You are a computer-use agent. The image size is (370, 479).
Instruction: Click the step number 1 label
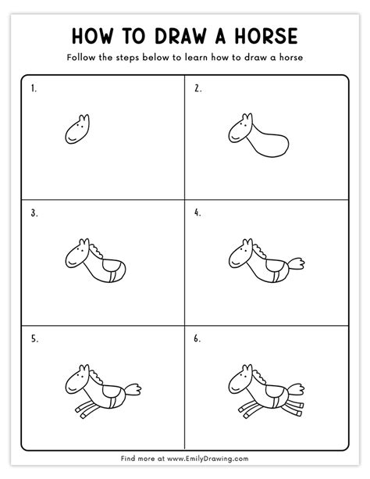click(34, 89)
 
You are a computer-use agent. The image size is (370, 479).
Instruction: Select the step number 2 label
click(197, 89)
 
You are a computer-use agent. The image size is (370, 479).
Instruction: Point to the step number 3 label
click(34, 213)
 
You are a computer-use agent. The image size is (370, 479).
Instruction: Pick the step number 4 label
click(197, 213)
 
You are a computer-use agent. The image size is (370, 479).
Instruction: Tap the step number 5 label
click(34, 338)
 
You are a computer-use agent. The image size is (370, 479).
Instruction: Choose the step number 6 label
click(197, 338)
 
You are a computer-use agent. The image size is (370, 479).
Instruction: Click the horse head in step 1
click(76, 130)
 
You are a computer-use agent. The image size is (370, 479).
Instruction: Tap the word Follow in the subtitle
click(84, 59)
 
